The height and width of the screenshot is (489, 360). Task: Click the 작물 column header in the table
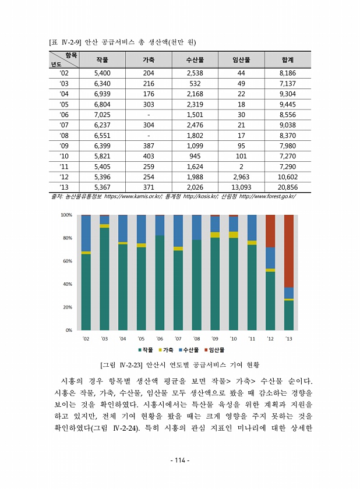pyautogui.click(x=102, y=60)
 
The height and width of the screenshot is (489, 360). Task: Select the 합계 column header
pyautogui.click(x=287, y=60)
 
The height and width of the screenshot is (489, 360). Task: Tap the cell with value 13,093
pyautogui.click(x=241, y=187)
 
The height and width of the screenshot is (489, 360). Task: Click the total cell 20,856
pyautogui.click(x=287, y=187)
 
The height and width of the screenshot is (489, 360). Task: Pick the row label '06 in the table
pyautogui.click(x=64, y=115)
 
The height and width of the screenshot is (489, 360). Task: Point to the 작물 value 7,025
pyautogui.click(x=102, y=115)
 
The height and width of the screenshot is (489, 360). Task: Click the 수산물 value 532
pyautogui.click(x=195, y=83)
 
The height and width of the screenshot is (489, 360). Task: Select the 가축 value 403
pyautogui.click(x=149, y=157)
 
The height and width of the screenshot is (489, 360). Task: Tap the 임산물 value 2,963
pyautogui.click(x=241, y=177)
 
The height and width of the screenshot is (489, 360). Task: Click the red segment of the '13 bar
pyautogui.click(x=288, y=251)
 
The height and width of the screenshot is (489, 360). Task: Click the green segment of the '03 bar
pyautogui.click(x=104, y=278)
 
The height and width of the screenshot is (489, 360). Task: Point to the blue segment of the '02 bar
pyautogui.click(x=86, y=233)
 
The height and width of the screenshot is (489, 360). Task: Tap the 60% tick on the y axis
pyautogui.click(x=66, y=261)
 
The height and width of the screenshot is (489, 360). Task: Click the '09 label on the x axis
pyautogui.click(x=215, y=338)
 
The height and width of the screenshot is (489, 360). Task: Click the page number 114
pyautogui.click(x=180, y=460)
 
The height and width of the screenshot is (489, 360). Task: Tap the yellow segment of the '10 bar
pyautogui.click(x=234, y=235)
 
